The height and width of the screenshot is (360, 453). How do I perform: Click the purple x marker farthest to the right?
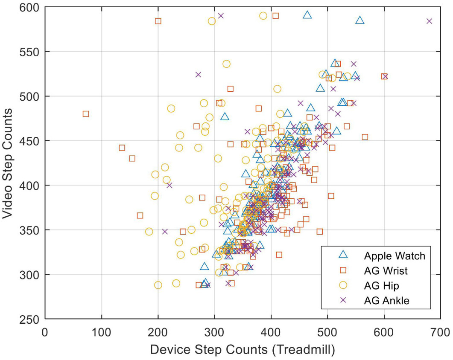tap(429, 21)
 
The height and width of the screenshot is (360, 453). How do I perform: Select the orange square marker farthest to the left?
tap(85, 114)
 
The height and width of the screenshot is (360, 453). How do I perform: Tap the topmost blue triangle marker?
tap(307, 15)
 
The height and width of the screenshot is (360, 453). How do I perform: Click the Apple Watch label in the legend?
tap(395, 256)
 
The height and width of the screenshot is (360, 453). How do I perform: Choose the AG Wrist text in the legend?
tap(386, 270)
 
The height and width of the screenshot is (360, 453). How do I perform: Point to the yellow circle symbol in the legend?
tap(342, 285)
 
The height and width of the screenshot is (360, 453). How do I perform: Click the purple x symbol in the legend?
tap(342, 300)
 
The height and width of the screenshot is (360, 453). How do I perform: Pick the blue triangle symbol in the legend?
tap(342, 255)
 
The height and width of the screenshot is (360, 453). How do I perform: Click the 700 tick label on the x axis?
tap(440, 332)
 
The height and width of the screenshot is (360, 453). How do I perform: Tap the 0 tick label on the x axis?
tap(45, 332)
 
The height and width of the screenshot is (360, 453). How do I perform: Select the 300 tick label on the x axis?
tap(214, 332)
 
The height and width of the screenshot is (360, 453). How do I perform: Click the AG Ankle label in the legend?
tap(386, 300)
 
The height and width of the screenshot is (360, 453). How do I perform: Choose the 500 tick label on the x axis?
tap(327, 332)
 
